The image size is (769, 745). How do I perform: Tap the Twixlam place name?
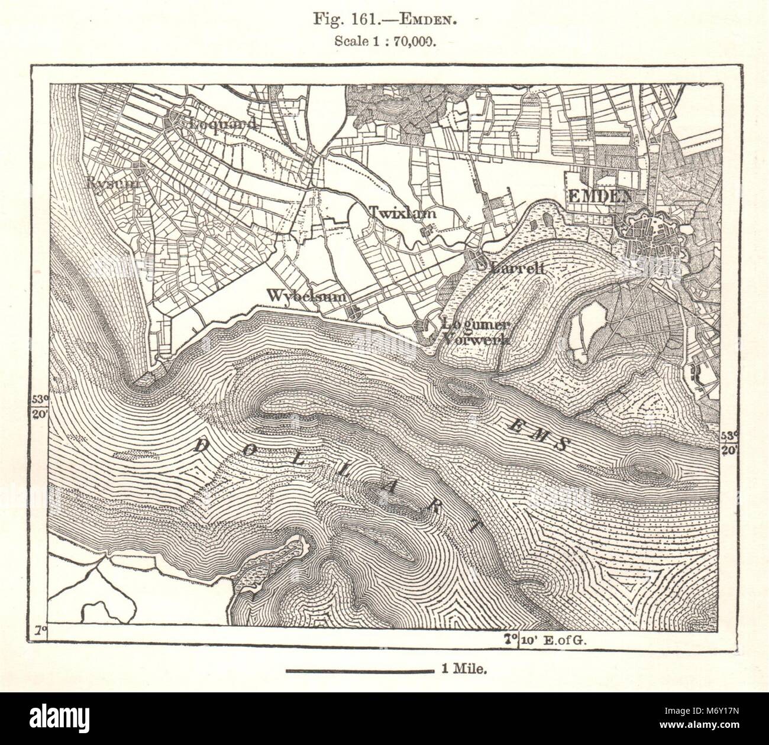point(403,213)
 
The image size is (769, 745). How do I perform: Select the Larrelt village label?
point(517,268)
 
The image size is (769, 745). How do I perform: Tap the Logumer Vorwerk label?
point(476,332)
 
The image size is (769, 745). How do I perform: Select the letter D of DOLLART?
point(199,447)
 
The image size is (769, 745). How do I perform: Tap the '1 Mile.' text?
point(463,670)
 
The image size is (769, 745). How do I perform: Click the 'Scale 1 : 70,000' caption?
point(384,41)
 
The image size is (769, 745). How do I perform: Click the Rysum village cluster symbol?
point(140,167)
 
